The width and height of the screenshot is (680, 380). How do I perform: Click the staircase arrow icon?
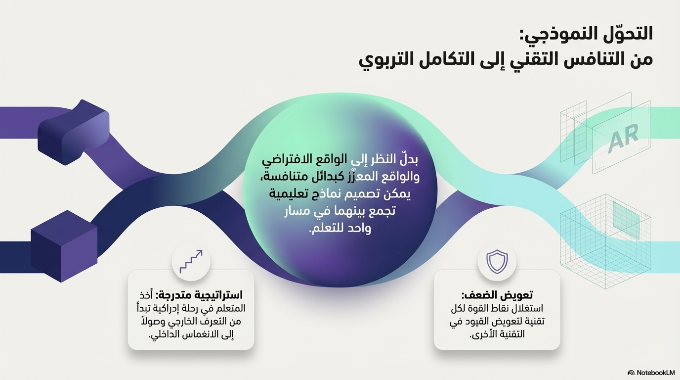[x=191, y=261]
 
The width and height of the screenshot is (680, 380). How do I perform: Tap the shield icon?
[x=497, y=261]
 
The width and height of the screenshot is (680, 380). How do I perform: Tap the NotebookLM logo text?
[x=654, y=373]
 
